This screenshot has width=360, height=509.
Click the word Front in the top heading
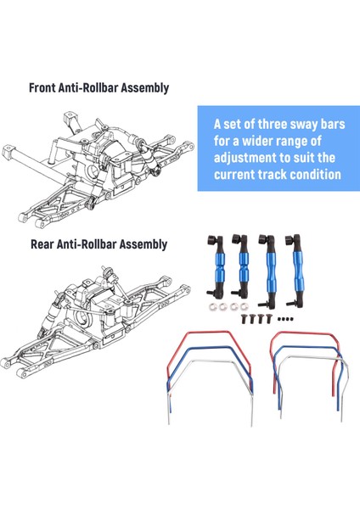click(x=42, y=87)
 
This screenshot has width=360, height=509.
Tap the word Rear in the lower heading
click(x=42, y=244)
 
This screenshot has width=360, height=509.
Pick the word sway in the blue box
click(x=306, y=125)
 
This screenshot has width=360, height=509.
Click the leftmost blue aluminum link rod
click(x=215, y=266)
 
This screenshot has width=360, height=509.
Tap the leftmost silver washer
click(x=213, y=306)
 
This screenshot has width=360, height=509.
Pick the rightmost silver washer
click(x=245, y=306)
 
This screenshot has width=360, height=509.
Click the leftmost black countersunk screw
click(x=244, y=319)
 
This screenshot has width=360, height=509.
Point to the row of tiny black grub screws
click(x=286, y=319)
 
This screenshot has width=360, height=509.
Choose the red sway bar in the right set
click(x=305, y=333)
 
